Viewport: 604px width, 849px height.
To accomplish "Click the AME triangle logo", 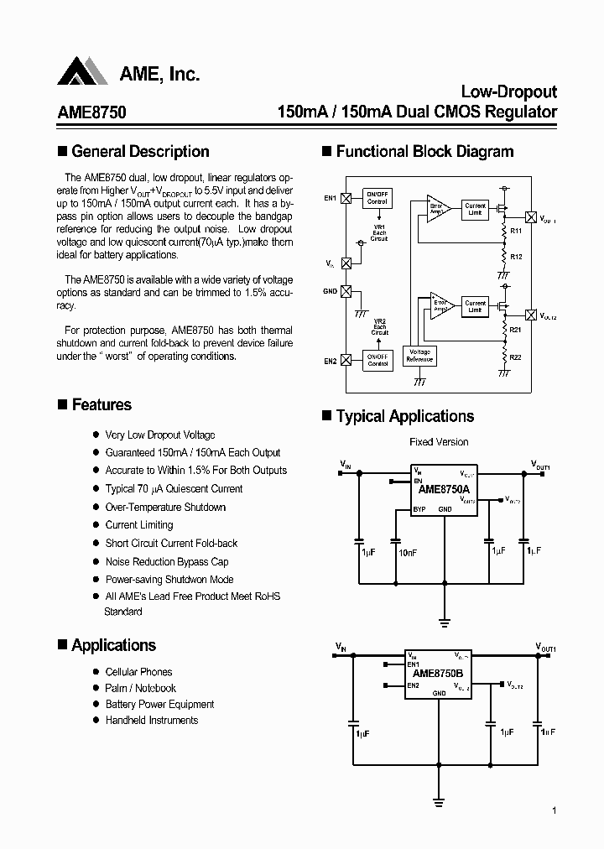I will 82,72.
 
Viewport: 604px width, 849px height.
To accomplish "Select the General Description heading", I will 140,152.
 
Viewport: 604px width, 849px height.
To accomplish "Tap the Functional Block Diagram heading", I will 424,152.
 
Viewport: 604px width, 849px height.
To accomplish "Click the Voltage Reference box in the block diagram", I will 419,356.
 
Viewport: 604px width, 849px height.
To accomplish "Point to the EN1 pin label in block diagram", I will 330,198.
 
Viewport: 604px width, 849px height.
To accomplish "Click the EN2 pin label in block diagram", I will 330,361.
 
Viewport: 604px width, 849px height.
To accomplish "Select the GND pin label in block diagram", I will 330,291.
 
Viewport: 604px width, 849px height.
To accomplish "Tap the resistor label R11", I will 516,231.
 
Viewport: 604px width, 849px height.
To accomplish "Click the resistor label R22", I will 516,357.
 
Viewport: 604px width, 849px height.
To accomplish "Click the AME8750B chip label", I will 438,674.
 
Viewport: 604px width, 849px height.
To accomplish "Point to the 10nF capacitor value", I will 408,553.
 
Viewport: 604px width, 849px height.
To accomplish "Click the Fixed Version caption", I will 439,441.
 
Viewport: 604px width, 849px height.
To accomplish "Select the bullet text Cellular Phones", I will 138,672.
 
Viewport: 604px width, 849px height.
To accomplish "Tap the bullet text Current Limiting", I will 139,525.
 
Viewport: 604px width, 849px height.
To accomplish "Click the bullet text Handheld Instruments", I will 152,720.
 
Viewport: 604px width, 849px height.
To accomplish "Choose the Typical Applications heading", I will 404,417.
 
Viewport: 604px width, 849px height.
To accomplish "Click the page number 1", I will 555,810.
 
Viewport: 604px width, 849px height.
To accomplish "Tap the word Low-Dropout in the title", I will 509,92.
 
